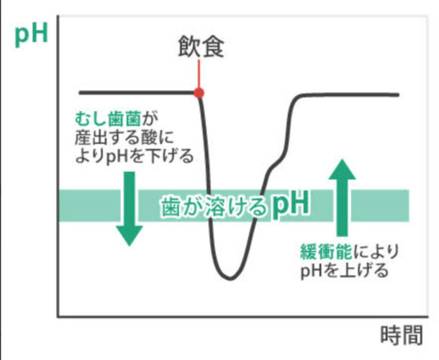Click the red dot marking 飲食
click(x=199, y=93)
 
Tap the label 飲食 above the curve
click(x=201, y=48)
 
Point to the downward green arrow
click(x=130, y=209)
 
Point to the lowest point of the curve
click(x=229, y=278)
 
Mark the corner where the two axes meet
click(x=58, y=315)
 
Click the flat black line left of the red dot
click(x=137, y=93)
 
